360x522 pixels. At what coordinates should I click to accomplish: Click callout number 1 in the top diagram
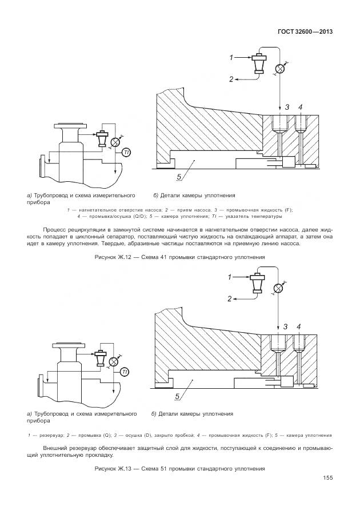(232, 57)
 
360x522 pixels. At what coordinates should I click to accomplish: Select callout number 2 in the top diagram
(231, 79)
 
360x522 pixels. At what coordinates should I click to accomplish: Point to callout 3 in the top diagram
(287, 107)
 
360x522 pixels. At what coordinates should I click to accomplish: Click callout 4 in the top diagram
(300, 107)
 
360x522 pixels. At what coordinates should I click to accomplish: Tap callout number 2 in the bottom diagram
(229, 298)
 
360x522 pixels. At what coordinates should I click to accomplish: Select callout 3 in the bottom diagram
(285, 326)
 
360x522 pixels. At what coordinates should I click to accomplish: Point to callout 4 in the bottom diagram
(298, 326)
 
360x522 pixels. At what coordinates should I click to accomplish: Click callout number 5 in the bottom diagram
(178, 396)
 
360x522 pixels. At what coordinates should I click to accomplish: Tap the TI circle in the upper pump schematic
(126, 152)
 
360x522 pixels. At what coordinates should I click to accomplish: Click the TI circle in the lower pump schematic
(125, 372)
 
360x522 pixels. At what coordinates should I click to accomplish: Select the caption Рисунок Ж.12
(179, 257)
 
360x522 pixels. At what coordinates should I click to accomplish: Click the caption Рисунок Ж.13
(179, 469)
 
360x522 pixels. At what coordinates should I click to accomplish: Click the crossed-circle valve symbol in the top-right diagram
(279, 69)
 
